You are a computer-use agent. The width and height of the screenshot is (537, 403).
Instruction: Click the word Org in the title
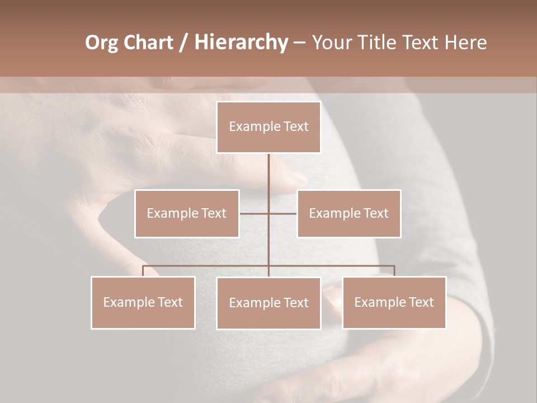(x=102, y=43)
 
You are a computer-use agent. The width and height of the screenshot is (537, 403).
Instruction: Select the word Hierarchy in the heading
(x=241, y=43)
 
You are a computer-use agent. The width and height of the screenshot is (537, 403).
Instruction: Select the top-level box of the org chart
(x=268, y=127)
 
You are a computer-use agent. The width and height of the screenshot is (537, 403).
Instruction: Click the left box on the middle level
(x=187, y=213)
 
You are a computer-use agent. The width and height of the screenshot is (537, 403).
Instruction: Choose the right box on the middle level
(x=348, y=213)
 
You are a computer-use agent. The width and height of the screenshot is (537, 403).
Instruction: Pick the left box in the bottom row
(x=143, y=302)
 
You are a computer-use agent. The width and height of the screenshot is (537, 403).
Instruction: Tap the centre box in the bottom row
(x=268, y=303)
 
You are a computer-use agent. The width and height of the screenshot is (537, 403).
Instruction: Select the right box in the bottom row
(x=394, y=302)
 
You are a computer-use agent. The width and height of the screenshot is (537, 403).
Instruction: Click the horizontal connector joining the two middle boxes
(x=255, y=213)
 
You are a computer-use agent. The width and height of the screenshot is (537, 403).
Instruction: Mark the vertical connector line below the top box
(x=268, y=174)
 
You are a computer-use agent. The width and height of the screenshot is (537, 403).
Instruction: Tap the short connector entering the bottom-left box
(x=143, y=271)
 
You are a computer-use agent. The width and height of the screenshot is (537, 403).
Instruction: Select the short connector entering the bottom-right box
(x=394, y=271)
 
